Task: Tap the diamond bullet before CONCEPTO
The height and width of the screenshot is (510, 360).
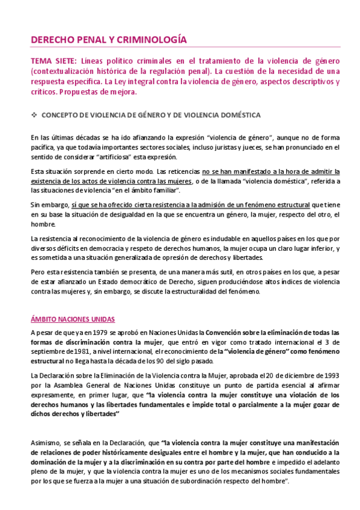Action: point(35,114)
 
